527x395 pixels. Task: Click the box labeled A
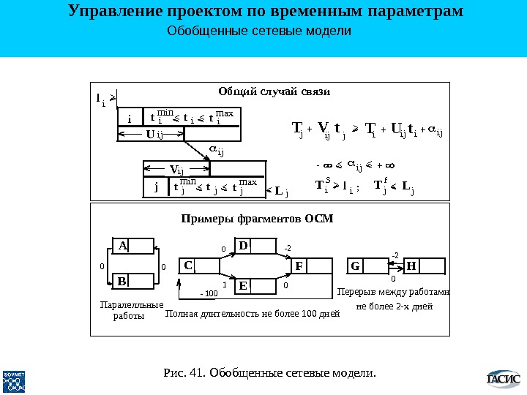click(x=132, y=246)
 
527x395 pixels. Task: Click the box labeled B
click(x=132, y=280)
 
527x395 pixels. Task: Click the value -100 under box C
click(x=210, y=293)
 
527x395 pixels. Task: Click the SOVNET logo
click(x=15, y=380)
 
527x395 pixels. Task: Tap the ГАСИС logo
click(x=503, y=379)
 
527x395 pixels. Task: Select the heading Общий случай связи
click(x=274, y=91)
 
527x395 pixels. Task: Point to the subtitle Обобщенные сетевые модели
click(x=260, y=32)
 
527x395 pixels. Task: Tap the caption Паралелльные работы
click(x=130, y=310)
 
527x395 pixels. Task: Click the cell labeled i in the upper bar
click(x=130, y=118)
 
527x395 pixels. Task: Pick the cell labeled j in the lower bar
click(x=156, y=187)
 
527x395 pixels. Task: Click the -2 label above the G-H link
click(x=395, y=255)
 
